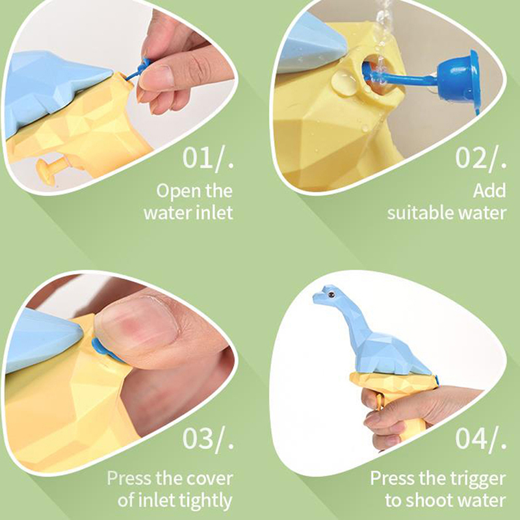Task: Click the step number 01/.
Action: [x=208, y=159]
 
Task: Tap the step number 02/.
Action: [x=480, y=159]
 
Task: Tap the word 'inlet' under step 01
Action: [x=214, y=213]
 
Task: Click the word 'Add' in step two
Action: [x=489, y=190]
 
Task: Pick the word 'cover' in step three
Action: [x=209, y=478]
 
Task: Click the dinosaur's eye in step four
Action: [x=330, y=294]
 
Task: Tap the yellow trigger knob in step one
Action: [x=50, y=168]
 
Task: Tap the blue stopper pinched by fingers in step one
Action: [x=142, y=67]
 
